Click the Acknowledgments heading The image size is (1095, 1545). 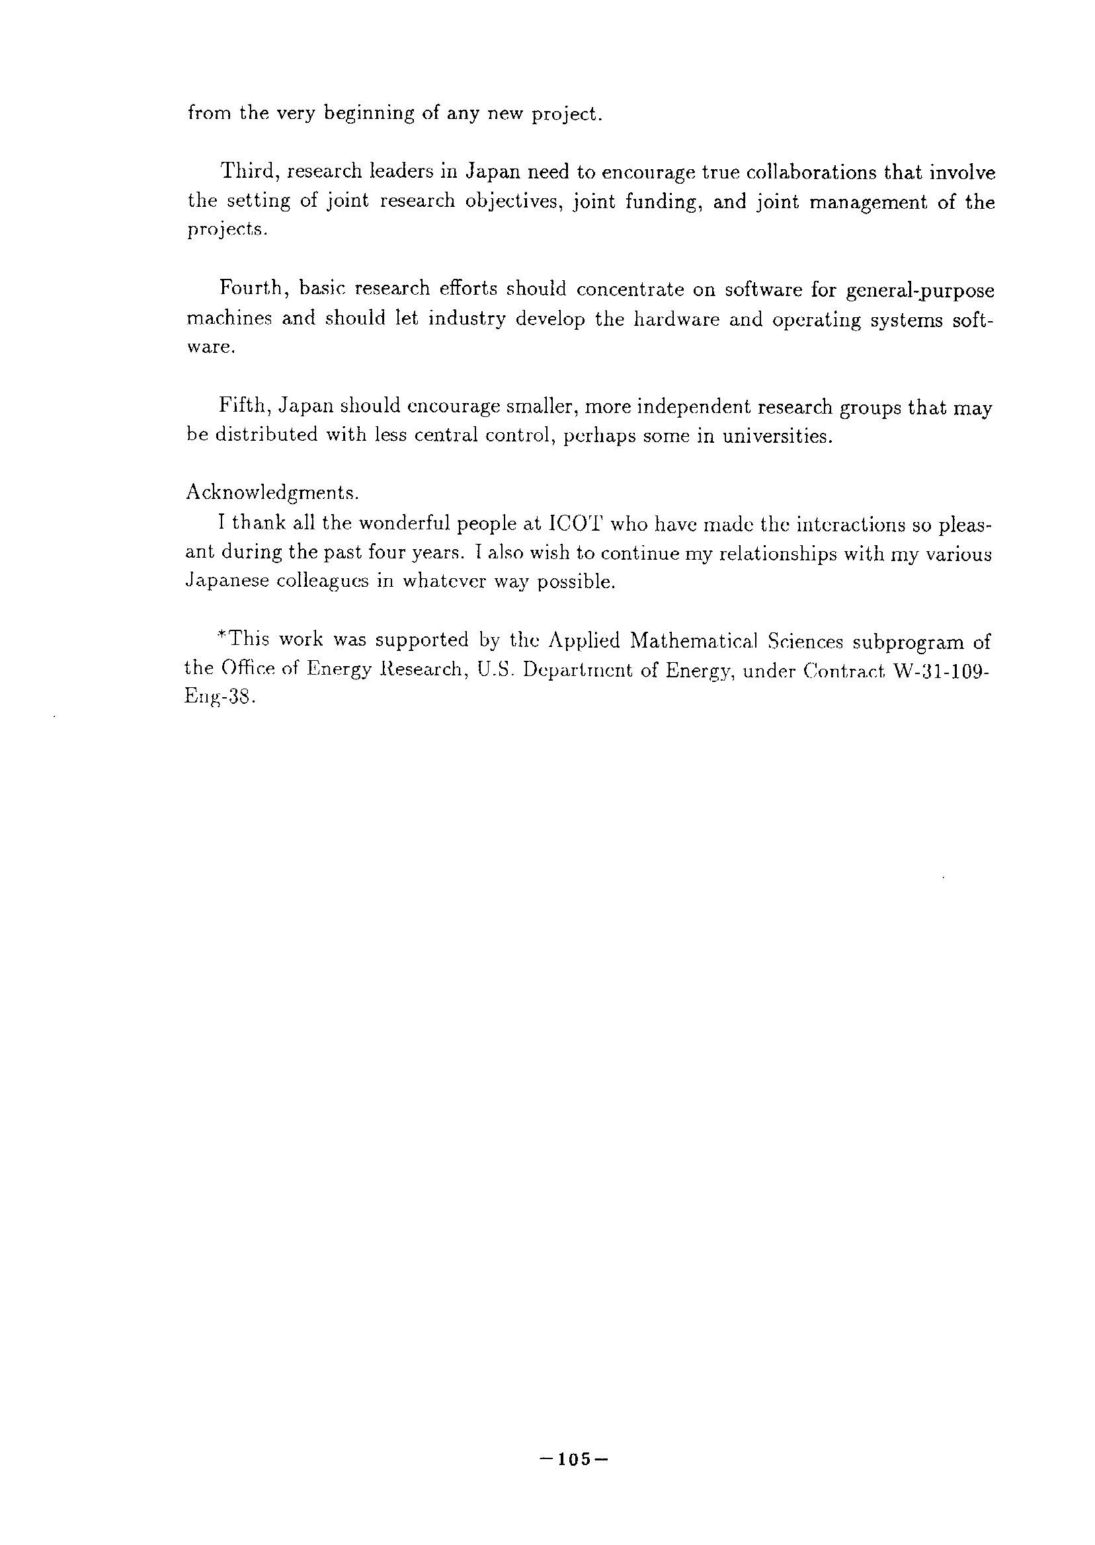coord(272,493)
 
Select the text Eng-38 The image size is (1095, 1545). coord(218,698)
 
